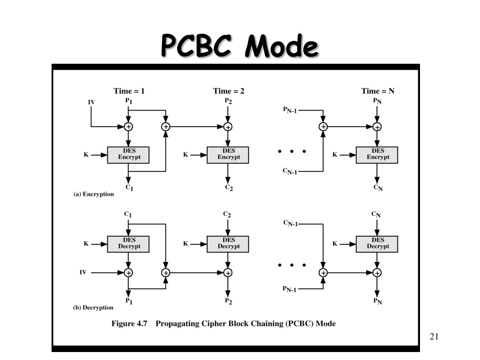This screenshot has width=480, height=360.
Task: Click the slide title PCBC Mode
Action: click(240, 46)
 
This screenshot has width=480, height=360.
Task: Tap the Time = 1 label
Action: click(129, 91)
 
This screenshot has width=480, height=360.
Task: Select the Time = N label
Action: click(378, 91)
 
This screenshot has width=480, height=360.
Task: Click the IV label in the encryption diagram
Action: click(91, 102)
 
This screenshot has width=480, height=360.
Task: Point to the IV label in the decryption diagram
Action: click(83, 272)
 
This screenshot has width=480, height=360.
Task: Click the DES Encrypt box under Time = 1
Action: click(128, 155)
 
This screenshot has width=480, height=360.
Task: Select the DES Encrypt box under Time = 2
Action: click(228, 155)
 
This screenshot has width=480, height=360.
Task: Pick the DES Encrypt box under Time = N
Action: click(377, 155)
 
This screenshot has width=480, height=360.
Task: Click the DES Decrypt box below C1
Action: click(128, 244)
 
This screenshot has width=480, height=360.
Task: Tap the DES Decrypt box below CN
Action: click(377, 244)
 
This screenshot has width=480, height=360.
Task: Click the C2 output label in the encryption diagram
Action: click(229, 187)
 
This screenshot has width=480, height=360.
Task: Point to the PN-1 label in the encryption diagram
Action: click(290, 110)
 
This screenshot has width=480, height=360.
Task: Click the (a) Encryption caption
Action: click(93, 194)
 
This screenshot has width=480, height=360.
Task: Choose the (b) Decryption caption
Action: click(93, 307)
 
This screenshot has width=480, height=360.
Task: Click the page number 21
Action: click(434, 337)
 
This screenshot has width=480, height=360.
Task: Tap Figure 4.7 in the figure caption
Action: click(129, 323)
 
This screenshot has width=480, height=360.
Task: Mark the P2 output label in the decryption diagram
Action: click(228, 301)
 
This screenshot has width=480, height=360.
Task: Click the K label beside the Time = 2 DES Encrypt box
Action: click(186, 155)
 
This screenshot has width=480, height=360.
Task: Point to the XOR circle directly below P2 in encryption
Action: click(228, 127)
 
